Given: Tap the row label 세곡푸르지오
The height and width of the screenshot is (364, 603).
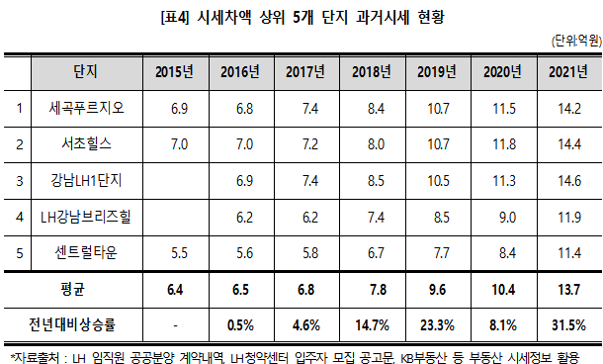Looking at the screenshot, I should pos(87,108).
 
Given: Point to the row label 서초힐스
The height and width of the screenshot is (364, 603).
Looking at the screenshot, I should pos(87,144).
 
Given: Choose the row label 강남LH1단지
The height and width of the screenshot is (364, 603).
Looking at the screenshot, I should pos(87,180).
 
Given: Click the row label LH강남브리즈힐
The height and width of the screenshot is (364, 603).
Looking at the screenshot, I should pos(87,216).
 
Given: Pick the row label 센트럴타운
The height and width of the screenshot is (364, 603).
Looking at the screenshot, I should pos(87,252).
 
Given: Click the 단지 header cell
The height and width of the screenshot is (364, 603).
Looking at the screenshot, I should pos(87,72).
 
